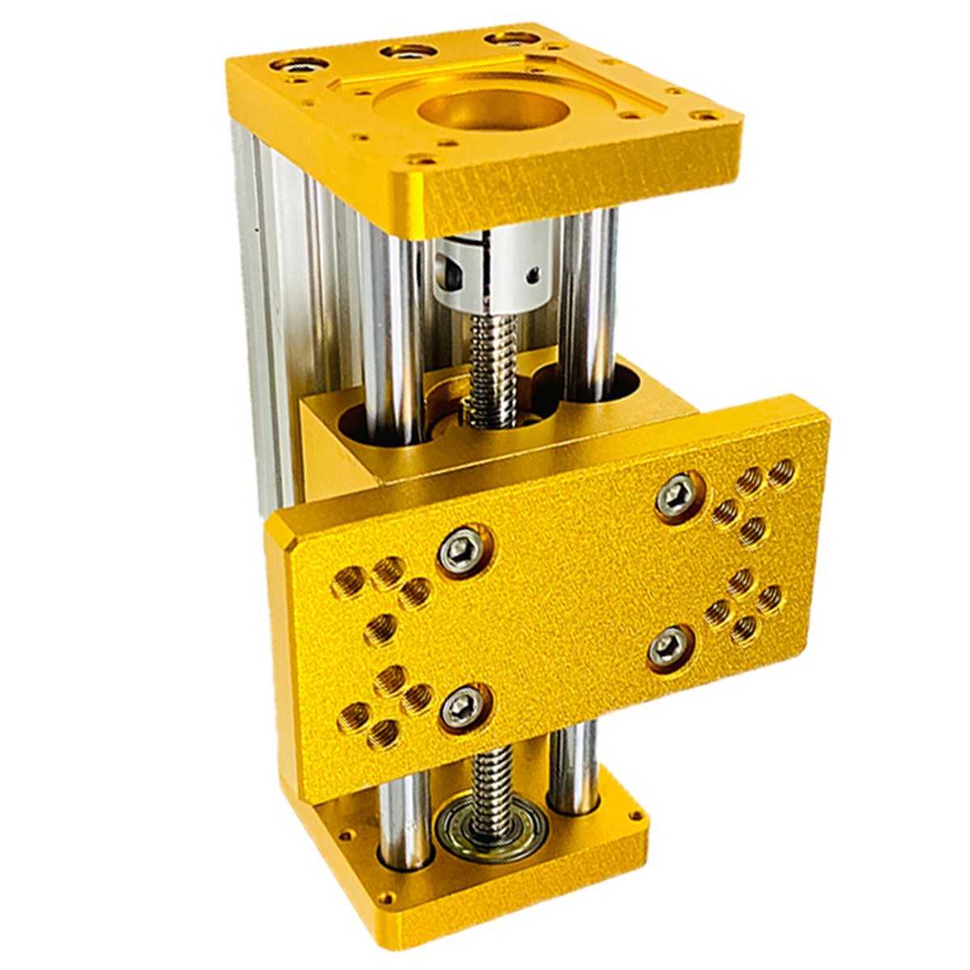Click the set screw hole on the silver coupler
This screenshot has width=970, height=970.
(532, 276)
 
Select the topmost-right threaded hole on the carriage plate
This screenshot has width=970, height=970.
(781, 470)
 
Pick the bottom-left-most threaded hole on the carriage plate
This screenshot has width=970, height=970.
(352, 716)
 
